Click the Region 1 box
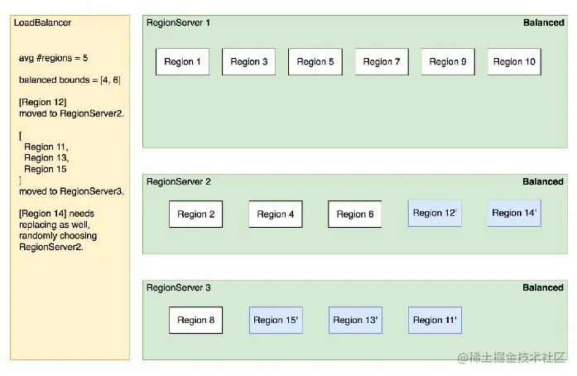[182, 61]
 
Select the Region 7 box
[382, 61]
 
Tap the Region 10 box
[514, 61]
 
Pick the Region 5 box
[315, 61]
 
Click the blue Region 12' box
[435, 213]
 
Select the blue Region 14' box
[514, 213]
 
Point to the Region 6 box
[355, 214]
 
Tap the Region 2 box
[195, 214]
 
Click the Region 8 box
[195, 320]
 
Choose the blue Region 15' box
[276, 320]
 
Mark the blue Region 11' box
[435, 320]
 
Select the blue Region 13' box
[355, 320]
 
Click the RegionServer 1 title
[179, 23]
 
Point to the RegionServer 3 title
[179, 287]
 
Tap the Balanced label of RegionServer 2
[543, 181]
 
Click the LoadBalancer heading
[42, 23]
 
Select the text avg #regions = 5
[53, 58]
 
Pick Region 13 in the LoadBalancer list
[46, 158]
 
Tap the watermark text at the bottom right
[511, 357]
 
